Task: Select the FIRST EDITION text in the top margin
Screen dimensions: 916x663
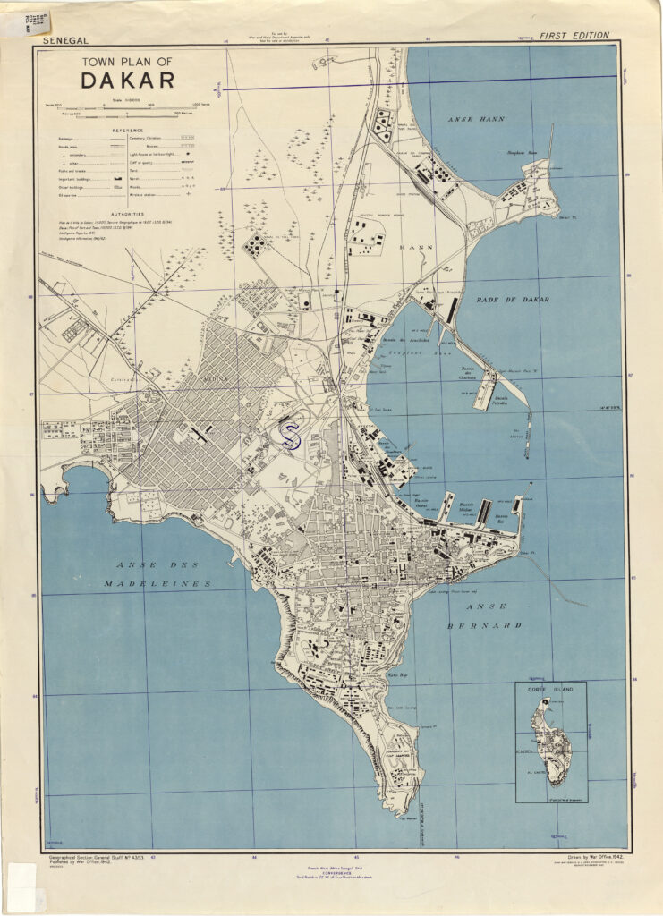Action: pos(574,36)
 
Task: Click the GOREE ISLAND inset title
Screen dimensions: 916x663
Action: pos(550,690)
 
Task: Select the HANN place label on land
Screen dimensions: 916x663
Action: pos(416,247)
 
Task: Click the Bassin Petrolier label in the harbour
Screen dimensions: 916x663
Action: pos(502,397)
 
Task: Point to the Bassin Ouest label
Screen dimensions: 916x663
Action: pos(433,502)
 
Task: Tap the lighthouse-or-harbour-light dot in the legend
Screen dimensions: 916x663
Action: pos(188,155)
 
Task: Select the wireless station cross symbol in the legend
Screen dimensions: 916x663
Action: pos(188,192)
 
